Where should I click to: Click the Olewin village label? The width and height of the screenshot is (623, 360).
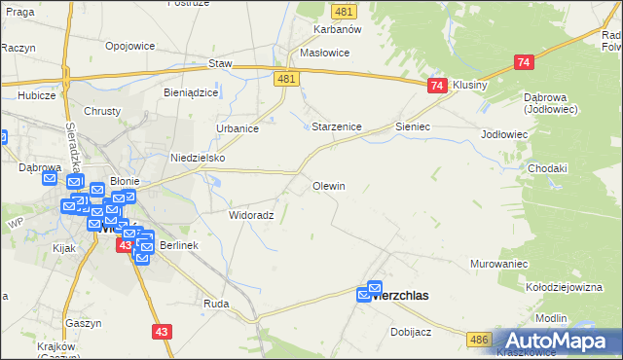pos(329,185)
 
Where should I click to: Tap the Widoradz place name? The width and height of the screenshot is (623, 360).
pos(251,214)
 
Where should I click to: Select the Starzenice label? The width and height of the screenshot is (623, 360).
pos(337,126)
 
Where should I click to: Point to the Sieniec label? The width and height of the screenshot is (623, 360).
pos(413,126)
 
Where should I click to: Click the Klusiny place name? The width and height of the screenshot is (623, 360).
pos(470,86)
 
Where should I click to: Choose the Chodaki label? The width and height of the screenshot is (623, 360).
pos(547,168)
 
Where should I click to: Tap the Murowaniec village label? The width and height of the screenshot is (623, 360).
pos(498,264)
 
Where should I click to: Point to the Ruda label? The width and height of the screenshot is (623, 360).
pos(216,304)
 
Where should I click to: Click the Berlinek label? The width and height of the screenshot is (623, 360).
pos(179,245)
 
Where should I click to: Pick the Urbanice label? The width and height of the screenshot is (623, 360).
pos(237,127)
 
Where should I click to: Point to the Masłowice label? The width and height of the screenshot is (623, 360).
pos(325,53)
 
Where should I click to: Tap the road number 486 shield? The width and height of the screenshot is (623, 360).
pos(478,339)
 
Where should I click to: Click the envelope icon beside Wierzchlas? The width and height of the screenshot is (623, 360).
pos(374,290)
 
